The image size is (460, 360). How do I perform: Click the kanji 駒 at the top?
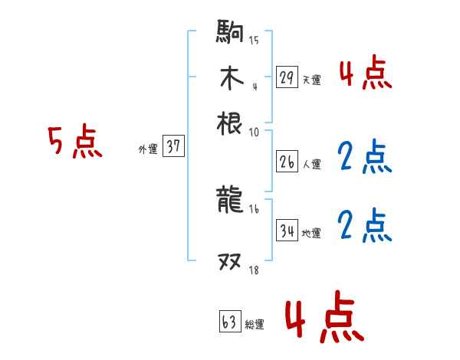230,33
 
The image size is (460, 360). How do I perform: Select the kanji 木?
230,79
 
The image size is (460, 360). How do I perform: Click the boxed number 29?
287,77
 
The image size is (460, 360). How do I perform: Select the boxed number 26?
287,162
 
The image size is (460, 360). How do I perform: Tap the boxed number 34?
287,231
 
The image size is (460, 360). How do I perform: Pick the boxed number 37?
173,147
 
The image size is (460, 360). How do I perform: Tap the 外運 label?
147,149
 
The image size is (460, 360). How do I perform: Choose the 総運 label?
255,325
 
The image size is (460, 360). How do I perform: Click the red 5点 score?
74,142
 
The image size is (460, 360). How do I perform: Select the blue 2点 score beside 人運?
364,157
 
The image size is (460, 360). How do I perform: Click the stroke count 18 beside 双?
253,270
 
